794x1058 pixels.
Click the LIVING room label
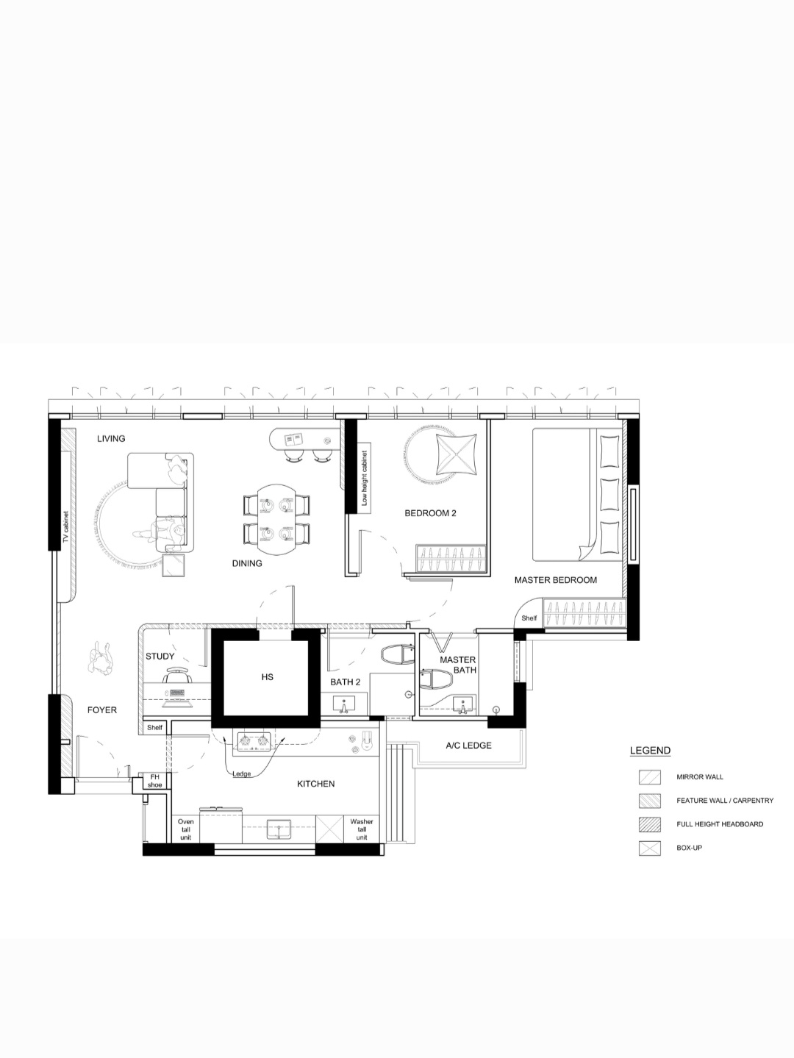[x=111, y=439]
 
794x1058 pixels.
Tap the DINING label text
[x=247, y=564]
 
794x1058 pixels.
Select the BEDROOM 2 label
[x=430, y=513]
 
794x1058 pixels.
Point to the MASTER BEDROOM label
[x=555, y=580]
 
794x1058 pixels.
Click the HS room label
[x=267, y=676]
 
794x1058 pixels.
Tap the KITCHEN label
[x=315, y=784]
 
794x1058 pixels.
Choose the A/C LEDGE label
[x=468, y=746]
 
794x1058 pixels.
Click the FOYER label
[x=102, y=710]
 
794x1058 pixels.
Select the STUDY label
[x=160, y=657]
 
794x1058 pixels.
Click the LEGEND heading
[x=650, y=751]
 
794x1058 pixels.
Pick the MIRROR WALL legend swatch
[x=649, y=776]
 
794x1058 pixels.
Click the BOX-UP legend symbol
[x=649, y=848]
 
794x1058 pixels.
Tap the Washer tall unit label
[x=362, y=829]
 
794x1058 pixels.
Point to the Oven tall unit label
[x=186, y=829]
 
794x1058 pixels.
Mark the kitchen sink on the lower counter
[x=279, y=829]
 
